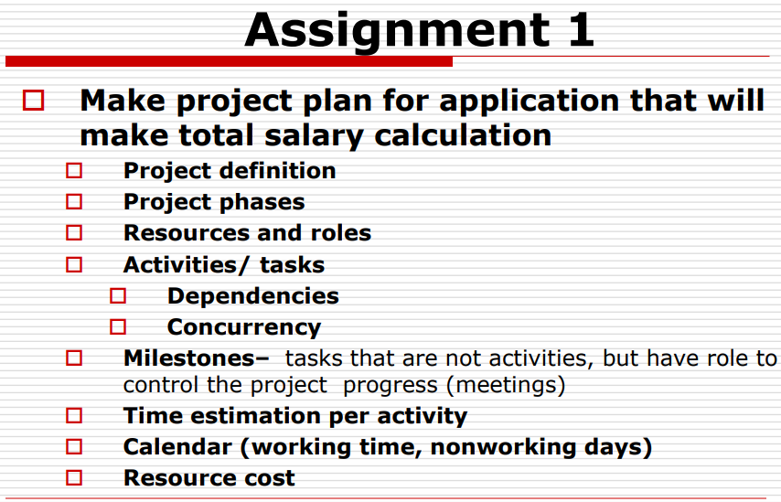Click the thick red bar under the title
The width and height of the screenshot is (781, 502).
point(229,61)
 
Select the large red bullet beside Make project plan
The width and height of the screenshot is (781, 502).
point(34,100)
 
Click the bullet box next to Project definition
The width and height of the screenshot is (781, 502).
point(74,171)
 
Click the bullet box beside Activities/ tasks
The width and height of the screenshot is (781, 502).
point(74,265)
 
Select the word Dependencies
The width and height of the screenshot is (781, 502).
point(252,296)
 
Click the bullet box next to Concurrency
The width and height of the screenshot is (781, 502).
point(118,326)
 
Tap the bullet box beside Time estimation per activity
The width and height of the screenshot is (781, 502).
point(74,417)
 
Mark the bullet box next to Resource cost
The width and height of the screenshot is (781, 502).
point(74,478)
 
